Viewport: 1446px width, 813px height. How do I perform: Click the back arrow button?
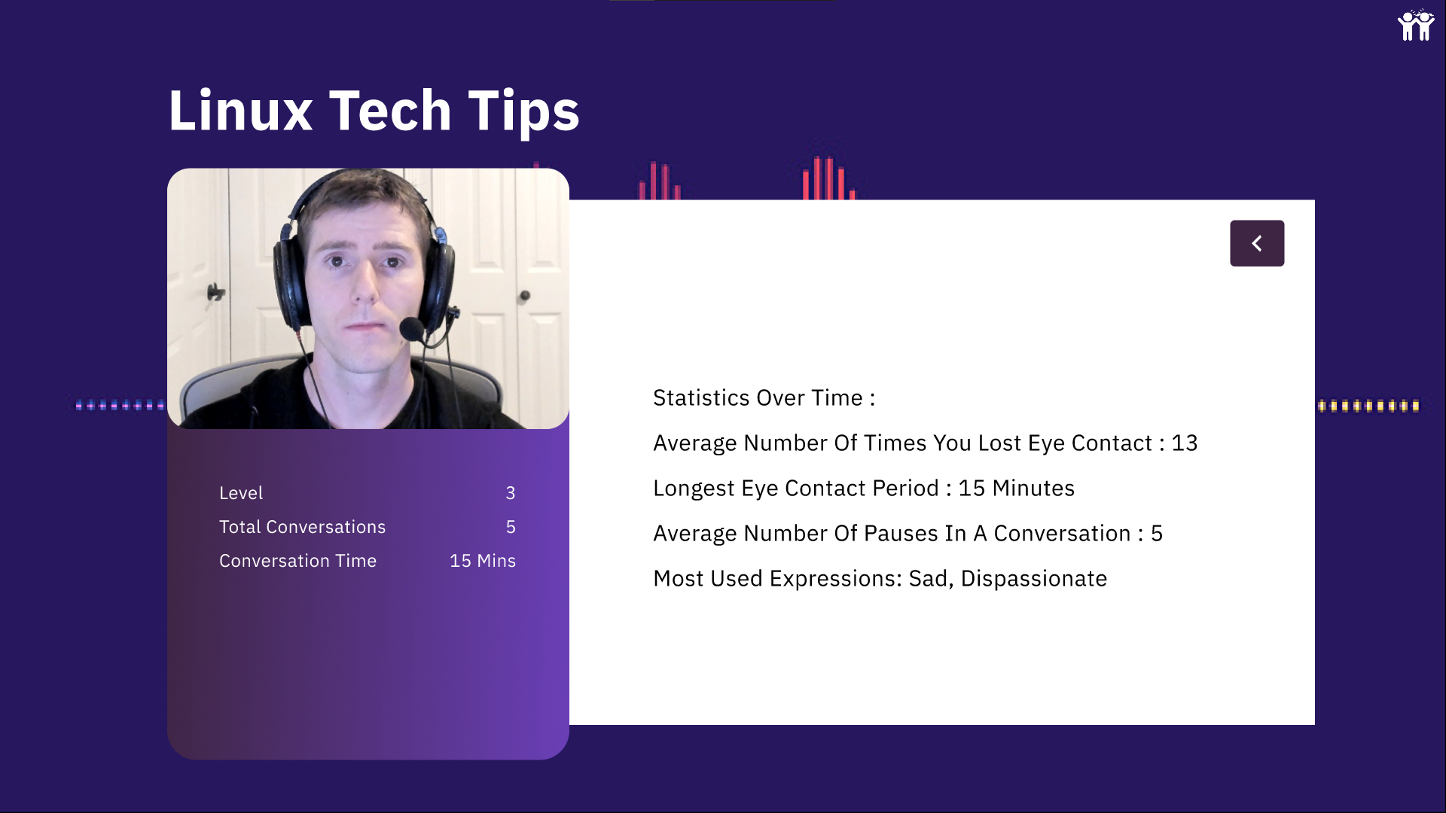[1257, 243]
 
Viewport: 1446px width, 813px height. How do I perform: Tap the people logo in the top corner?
[1416, 25]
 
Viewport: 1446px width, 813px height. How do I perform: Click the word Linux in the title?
[240, 111]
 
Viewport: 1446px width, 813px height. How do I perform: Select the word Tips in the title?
[523, 112]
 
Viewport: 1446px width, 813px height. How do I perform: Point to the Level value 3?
[511, 493]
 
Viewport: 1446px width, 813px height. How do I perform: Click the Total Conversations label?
[302, 527]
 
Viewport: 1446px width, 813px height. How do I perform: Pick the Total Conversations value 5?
[511, 527]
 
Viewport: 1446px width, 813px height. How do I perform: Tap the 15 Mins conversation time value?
[483, 561]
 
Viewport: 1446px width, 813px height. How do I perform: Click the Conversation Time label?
[297, 561]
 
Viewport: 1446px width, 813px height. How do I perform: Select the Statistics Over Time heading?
[764, 397]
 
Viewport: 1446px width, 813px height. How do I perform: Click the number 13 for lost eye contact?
[1184, 443]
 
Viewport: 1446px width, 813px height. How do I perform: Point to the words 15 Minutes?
[1016, 488]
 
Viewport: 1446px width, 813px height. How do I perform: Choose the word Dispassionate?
[1034, 578]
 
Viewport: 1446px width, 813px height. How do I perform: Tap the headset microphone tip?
[411, 329]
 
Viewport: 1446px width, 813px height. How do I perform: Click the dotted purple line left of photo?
[120, 405]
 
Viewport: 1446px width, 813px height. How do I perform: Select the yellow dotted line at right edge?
[1368, 406]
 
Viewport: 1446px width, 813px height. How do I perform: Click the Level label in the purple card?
[241, 493]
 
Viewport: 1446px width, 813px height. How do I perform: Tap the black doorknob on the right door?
[524, 296]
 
